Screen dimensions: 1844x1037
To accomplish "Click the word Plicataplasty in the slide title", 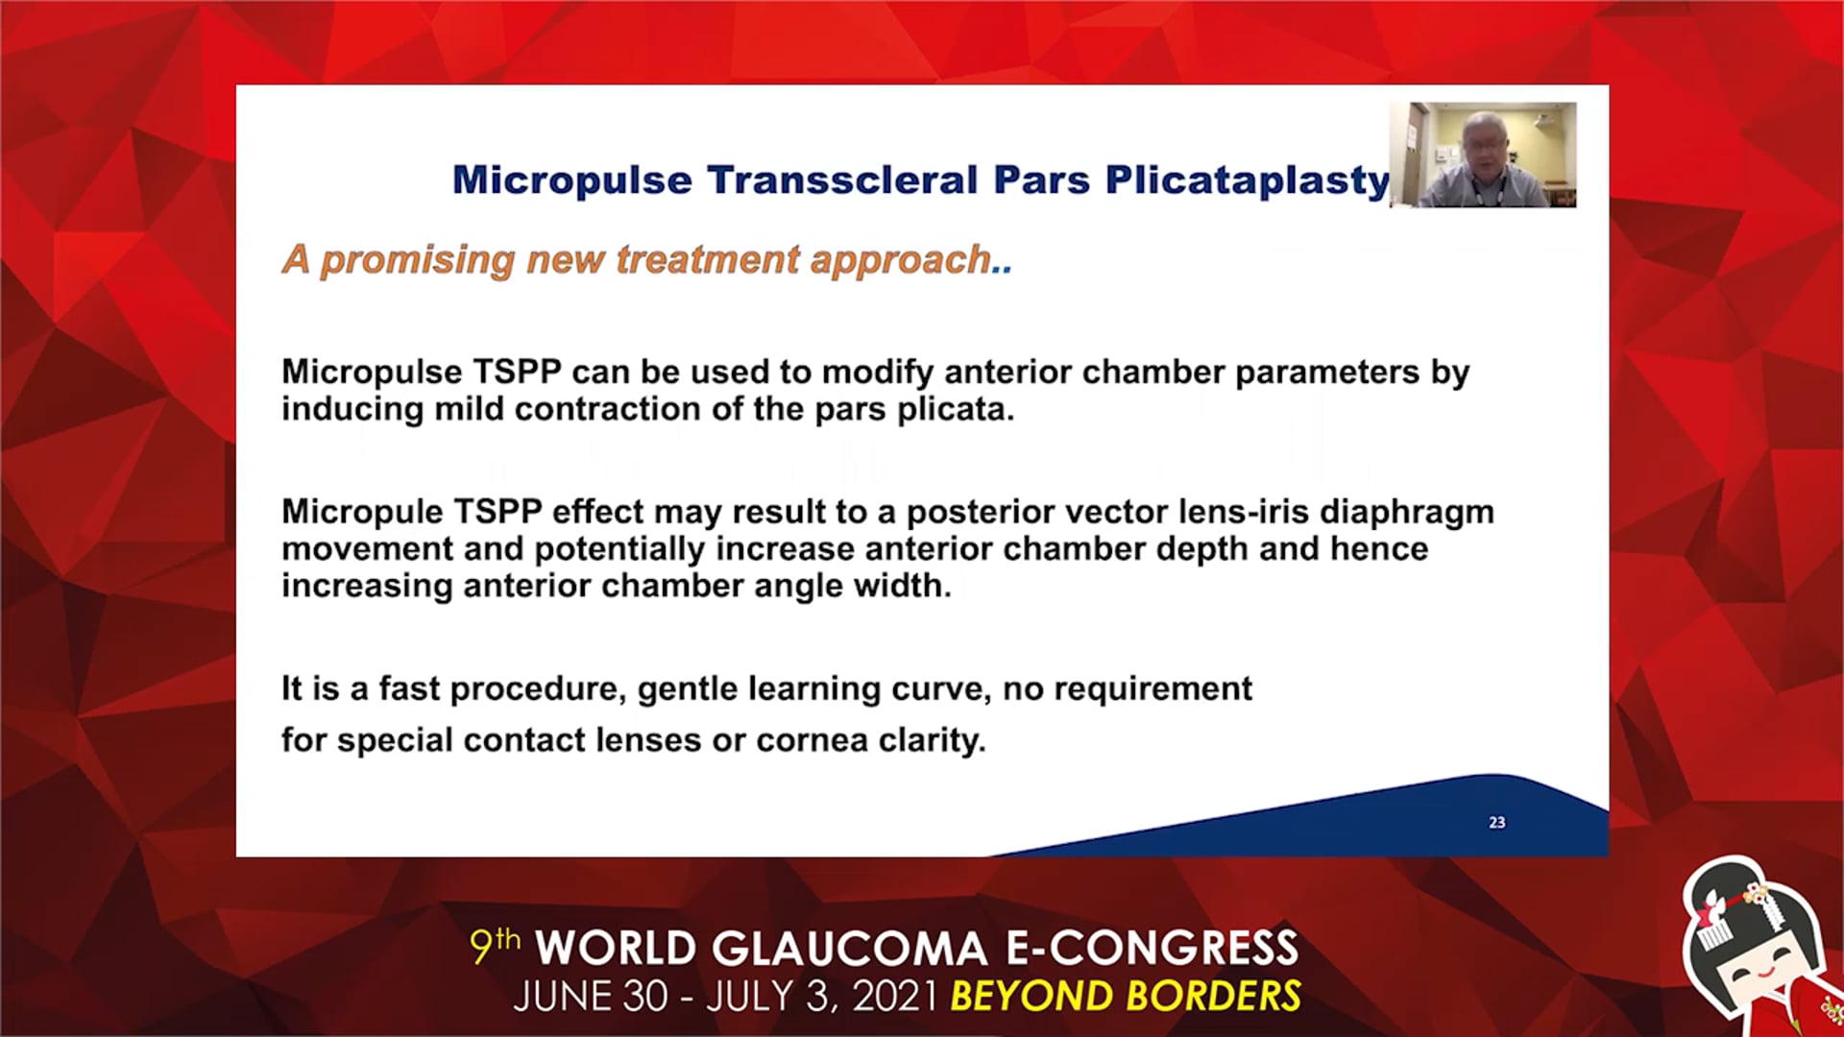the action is click(x=1248, y=181).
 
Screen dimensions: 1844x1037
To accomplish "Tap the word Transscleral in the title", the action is click(x=842, y=180).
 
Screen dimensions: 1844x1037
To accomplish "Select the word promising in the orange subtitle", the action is click(x=418, y=260).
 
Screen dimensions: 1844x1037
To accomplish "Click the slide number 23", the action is click(x=1497, y=823).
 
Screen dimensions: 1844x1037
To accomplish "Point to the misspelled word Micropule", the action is click(x=362, y=512).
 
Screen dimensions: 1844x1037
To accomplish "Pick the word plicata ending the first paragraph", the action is click(x=956, y=410).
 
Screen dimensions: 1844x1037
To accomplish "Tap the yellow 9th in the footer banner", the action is click(x=495, y=946).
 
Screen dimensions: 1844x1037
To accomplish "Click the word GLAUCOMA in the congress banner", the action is click(x=850, y=949).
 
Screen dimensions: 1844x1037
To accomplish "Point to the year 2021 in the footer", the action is click(x=894, y=997).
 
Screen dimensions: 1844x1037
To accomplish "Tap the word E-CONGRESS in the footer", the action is click(x=1152, y=949).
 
